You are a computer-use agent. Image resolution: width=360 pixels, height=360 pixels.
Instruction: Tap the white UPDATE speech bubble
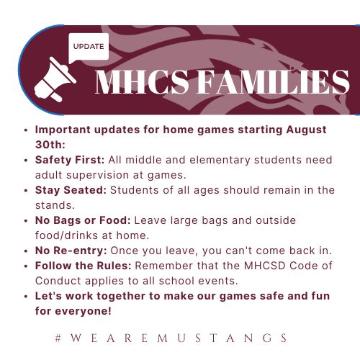point(88,48)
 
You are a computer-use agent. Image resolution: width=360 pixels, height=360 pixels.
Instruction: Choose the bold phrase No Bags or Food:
point(81,220)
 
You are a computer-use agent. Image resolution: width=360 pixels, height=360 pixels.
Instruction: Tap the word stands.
point(53,204)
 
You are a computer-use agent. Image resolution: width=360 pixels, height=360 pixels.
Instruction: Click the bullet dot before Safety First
point(26,160)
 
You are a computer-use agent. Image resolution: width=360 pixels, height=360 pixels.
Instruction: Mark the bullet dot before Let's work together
point(26,295)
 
